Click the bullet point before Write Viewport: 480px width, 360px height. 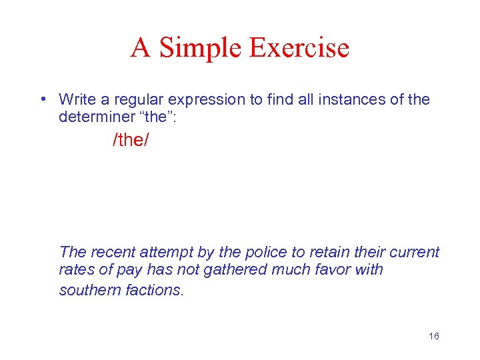coord(42,100)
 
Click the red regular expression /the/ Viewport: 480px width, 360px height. coord(131,141)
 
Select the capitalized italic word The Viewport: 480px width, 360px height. coord(72,252)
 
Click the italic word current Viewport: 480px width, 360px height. coord(415,252)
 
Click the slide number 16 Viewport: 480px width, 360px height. coord(434,336)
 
